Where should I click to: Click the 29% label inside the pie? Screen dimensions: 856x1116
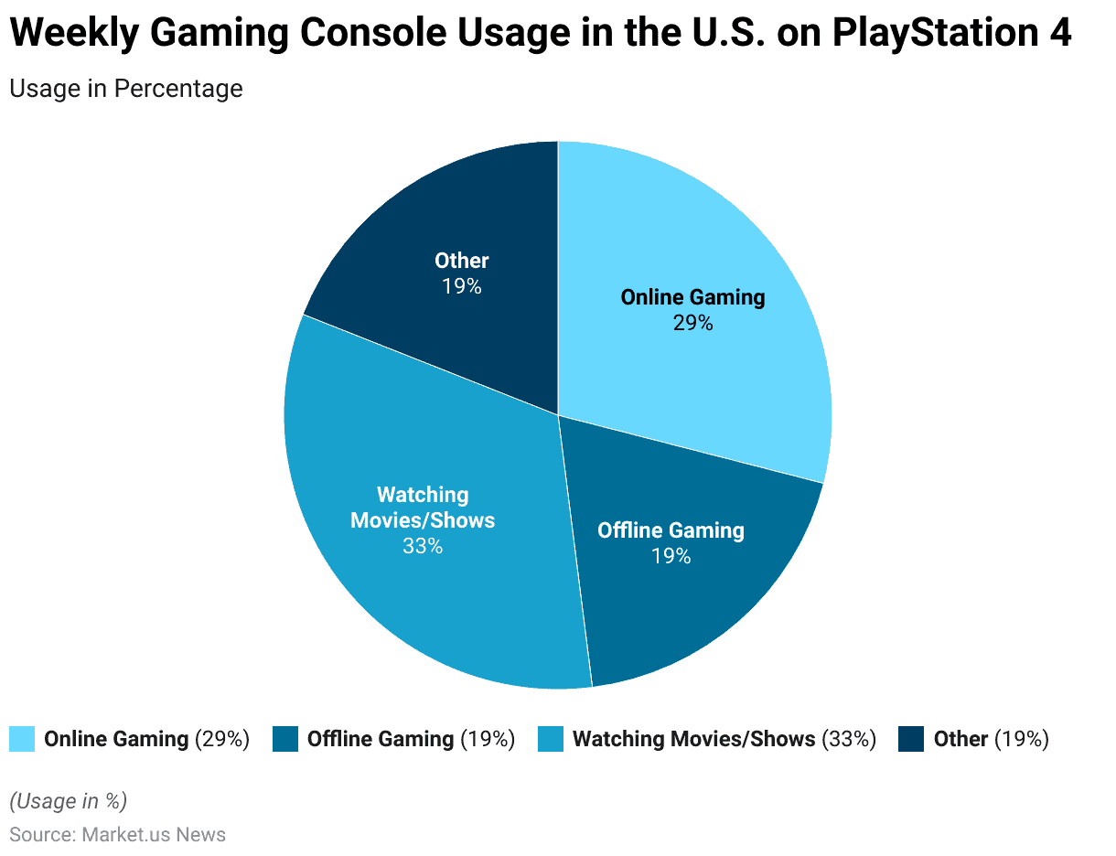point(692,323)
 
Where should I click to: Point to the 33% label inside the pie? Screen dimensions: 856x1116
point(422,547)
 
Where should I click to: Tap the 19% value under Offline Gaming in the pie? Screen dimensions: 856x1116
point(671,556)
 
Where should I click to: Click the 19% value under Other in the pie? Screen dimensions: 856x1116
point(461,286)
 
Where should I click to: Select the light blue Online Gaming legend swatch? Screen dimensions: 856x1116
point(22,739)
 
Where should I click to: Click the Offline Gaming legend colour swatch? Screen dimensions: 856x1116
point(285,739)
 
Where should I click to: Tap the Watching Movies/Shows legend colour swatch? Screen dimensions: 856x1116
point(551,739)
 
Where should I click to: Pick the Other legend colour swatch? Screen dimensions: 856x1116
point(911,739)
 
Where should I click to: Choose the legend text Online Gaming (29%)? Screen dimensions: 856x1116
point(146,739)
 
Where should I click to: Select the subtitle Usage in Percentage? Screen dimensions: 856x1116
point(126,89)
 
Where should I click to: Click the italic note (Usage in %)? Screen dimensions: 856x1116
point(68,801)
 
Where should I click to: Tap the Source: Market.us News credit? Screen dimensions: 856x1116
point(117,835)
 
